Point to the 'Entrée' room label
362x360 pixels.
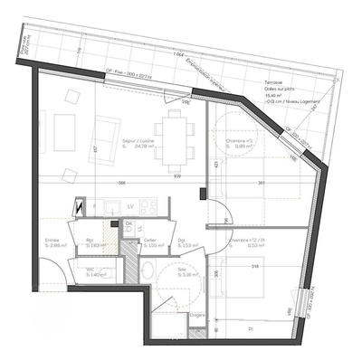52,240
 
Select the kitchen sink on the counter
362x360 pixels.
112,209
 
